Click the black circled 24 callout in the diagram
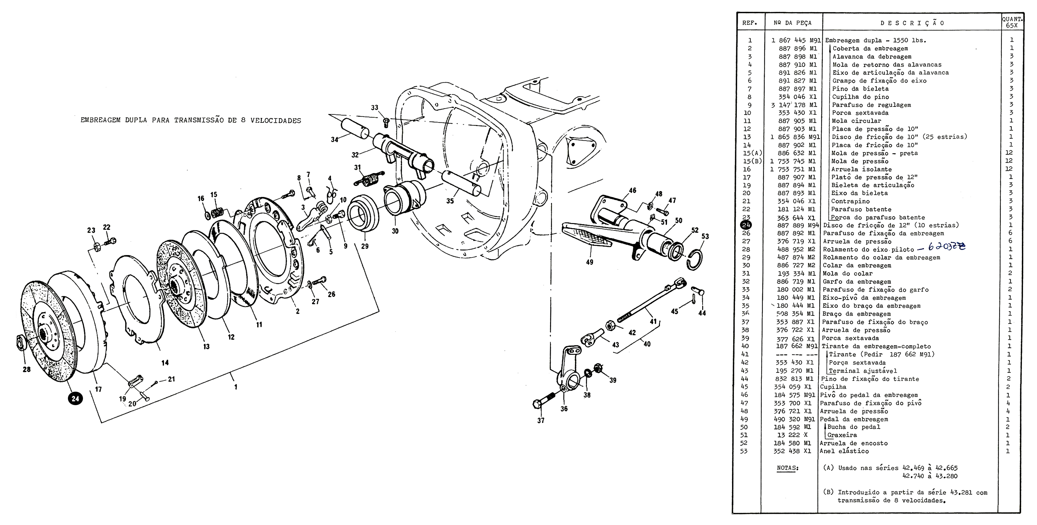(75, 399)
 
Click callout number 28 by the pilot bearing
(27, 369)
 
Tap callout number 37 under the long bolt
(541, 420)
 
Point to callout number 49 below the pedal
(589, 262)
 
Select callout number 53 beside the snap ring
(705, 236)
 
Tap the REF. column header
(750, 23)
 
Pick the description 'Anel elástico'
(844, 451)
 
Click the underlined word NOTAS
(788, 468)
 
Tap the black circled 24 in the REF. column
(746, 225)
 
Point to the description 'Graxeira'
(842, 435)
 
